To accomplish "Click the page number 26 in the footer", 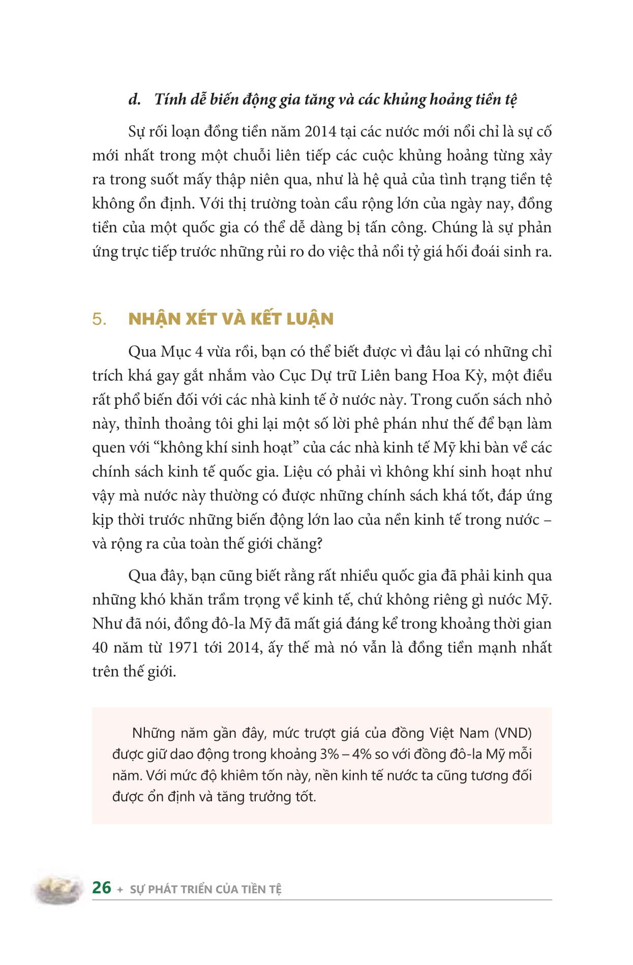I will [102, 887].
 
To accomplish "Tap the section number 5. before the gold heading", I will [100, 319].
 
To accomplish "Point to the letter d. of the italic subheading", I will [134, 99].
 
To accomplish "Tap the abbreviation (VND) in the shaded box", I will [514, 733].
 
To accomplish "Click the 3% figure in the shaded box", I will [329, 755].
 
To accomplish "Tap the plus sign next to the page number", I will [120, 890].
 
